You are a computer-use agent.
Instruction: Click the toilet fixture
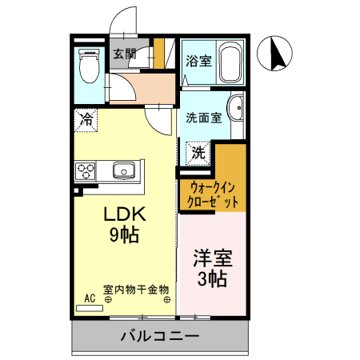(87, 66)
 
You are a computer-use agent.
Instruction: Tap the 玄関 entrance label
(124, 54)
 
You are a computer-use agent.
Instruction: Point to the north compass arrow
(279, 54)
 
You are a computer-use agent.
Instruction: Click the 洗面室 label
(203, 118)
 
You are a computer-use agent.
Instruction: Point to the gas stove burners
(86, 170)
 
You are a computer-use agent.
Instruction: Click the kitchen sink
(124, 170)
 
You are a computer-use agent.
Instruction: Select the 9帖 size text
(123, 235)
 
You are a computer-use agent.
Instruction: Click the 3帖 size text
(212, 279)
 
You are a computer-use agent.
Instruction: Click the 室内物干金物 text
(136, 290)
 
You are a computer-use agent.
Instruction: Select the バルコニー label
(160, 336)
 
